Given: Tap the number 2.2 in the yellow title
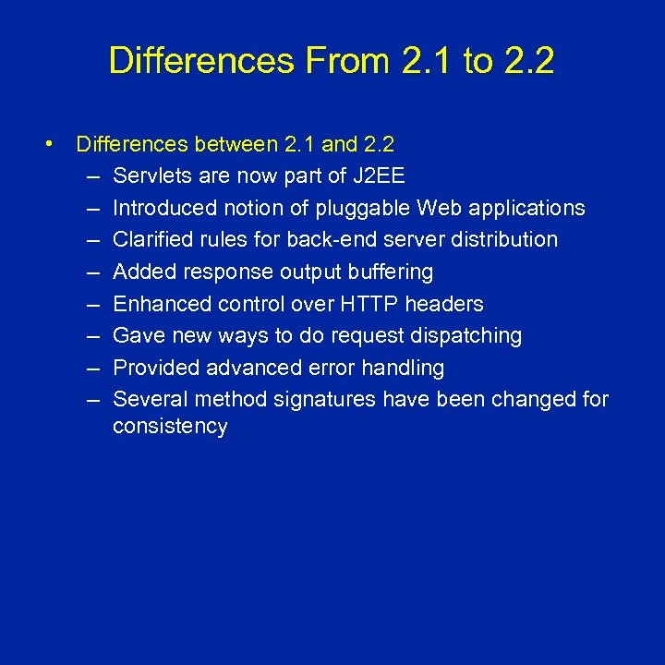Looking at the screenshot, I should click(x=529, y=61).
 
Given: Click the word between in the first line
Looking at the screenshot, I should click(x=235, y=144).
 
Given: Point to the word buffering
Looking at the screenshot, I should click(x=388, y=272).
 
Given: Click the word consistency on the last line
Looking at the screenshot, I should click(x=170, y=427).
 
